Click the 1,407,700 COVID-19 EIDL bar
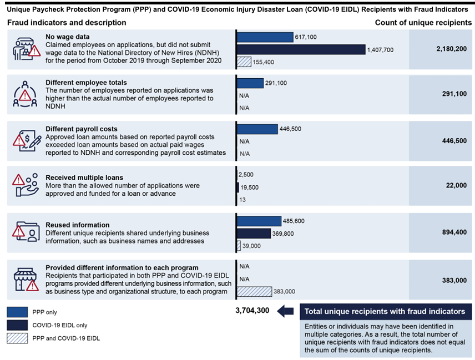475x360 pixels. pos(301,49)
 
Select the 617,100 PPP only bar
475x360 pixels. pos(265,37)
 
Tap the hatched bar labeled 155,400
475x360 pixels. pos(244,62)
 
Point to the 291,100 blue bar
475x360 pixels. pos(250,83)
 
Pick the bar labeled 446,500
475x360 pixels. pos(257,129)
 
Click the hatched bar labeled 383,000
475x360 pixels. pos(254,291)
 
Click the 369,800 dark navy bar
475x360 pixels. pos(254,233)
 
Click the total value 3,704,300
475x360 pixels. pos(252,311)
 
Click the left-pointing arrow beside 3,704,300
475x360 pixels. pos(285,311)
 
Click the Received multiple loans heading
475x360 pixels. pos(84,178)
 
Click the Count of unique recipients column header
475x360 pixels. pos(423,23)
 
